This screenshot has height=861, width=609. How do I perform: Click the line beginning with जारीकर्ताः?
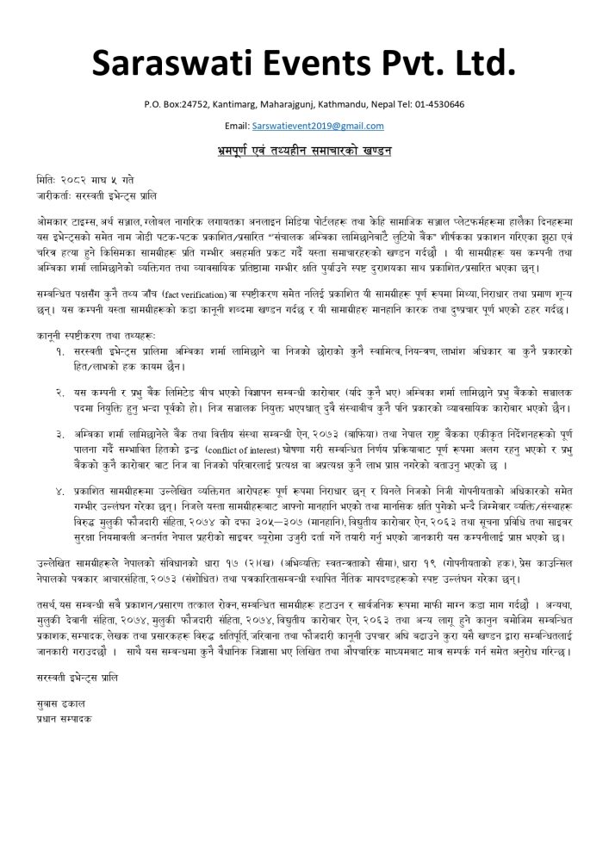point(96,197)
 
